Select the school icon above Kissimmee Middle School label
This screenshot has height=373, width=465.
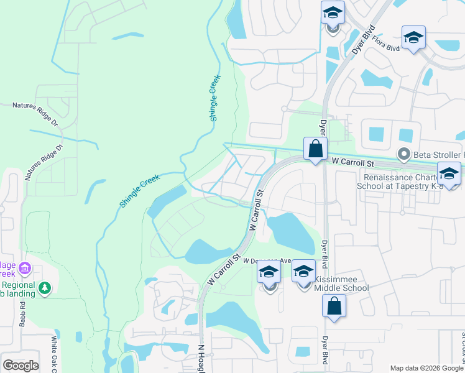point(304,272)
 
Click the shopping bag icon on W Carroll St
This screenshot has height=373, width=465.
point(316,149)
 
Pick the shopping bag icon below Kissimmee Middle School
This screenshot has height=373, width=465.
point(334,306)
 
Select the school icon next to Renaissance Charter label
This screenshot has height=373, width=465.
point(449,173)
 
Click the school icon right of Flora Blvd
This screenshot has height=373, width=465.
point(413,38)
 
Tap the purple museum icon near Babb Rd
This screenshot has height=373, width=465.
point(25,269)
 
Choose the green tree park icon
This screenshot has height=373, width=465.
point(44,288)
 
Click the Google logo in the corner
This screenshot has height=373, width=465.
point(21,366)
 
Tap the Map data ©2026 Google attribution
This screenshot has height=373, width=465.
point(426,368)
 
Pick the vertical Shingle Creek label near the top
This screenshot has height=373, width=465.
point(215,102)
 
